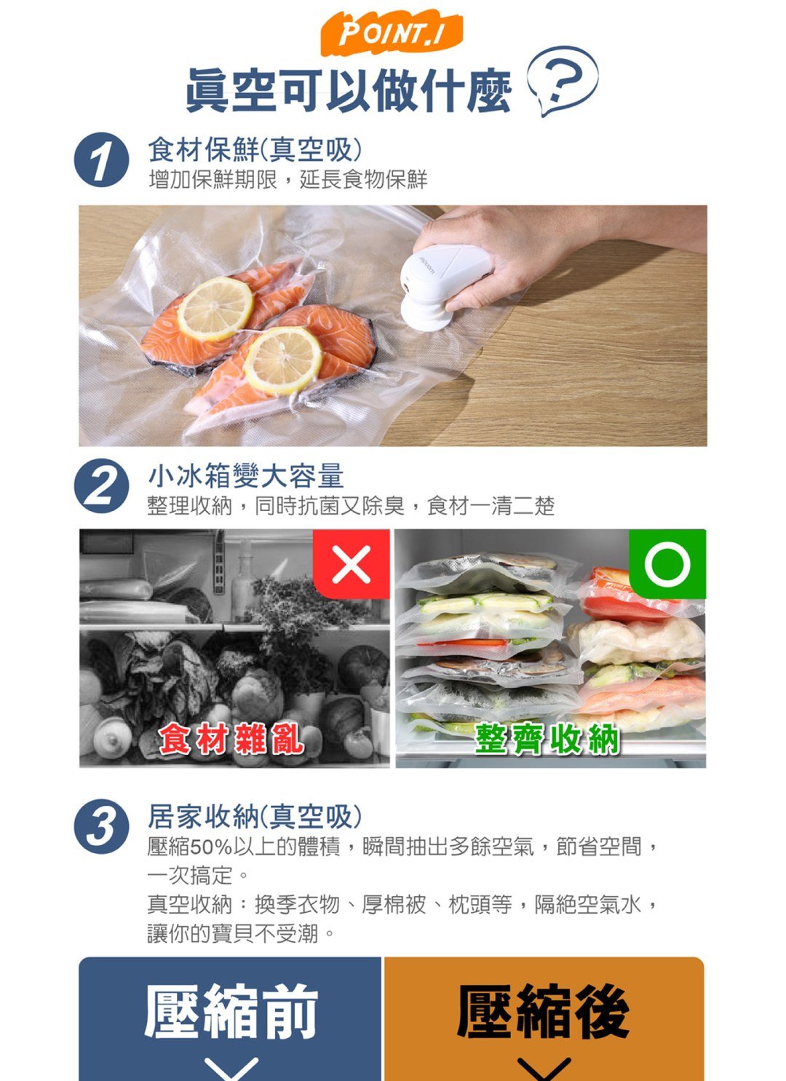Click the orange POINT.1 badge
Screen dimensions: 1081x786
pyautogui.click(x=391, y=34)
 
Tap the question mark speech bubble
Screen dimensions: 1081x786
pyautogui.click(x=561, y=79)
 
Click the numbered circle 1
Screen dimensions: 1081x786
pyautogui.click(x=101, y=161)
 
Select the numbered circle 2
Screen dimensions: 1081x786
pyautogui.click(x=101, y=486)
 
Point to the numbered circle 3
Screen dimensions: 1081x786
pyautogui.click(x=101, y=827)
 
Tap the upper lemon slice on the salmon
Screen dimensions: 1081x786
pyautogui.click(x=215, y=308)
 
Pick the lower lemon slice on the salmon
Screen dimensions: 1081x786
pyautogui.click(x=282, y=360)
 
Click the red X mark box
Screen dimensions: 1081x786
pyautogui.click(x=351, y=564)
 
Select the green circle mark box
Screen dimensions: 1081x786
pyautogui.click(x=667, y=563)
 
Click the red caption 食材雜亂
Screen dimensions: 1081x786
pyautogui.click(x=231, y=740)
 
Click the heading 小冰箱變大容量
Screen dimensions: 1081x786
pyautogui.click(x=245, y=476)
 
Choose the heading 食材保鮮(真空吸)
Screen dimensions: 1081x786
pyautogui.click(x=255, y=150)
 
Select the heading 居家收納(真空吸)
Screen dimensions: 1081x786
pyautogui.click(x=255, y=817)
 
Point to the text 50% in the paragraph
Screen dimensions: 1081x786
pyautogui.click(x=211, y=847)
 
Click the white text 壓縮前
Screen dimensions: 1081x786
pyautogui.click(x=231, y=1012)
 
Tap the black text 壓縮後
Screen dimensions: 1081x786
pyautogui.click(x=543, y=1012)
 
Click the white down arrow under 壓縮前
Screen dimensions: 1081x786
pyautogui.click(x=231, y=1068)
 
